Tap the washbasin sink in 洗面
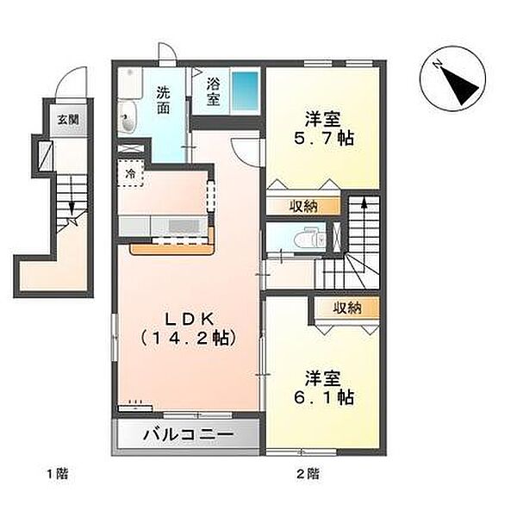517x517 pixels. point(129,120)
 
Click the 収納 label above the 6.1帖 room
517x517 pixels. point(348,308)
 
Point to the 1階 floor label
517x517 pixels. point(57,474)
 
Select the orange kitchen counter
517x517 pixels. point(172,247)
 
